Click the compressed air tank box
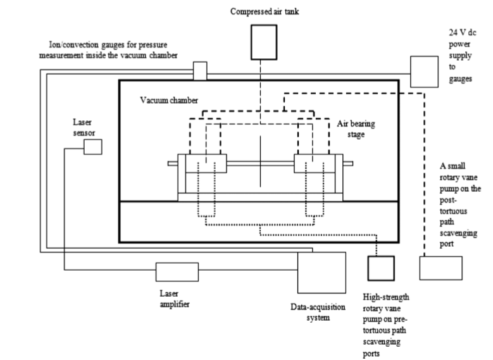[260, 42]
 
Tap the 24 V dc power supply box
[423, 71]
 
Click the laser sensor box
[93, 147]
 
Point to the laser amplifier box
[177, 272]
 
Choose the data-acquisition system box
[322, 273]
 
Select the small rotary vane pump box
[440, 268]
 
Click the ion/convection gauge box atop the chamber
[200, 71]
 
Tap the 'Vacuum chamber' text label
[169, 101]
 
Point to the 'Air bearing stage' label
[356, 129]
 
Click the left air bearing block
[202, 164]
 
